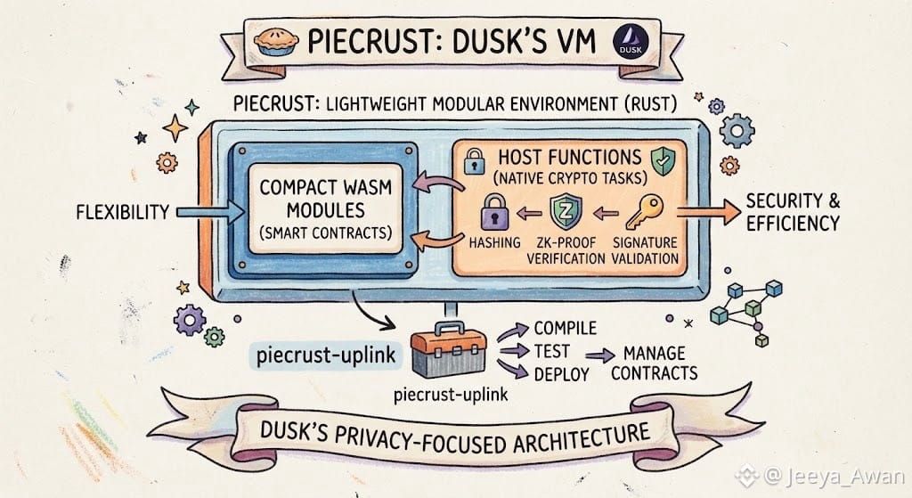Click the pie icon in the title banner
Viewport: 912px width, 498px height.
pos(276,41)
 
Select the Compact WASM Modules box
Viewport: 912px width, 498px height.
pos(326,209)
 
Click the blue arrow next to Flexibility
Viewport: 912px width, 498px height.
pos(210,212)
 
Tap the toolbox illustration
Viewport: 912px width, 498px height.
pos(448,349)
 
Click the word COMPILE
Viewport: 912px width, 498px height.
pos(566,328)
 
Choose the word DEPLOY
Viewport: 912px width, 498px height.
pos(561,374)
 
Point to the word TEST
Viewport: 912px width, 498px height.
pos(552,351)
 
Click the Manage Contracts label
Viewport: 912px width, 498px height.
pos(655,363)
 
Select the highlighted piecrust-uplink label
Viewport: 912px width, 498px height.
pos(326,355)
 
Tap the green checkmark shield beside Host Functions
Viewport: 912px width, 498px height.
pos(663,160)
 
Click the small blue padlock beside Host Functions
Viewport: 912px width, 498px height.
pos(475,161)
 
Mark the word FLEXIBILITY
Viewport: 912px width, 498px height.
pos(123,212)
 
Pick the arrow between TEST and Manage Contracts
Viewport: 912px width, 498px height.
pos(600,355)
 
